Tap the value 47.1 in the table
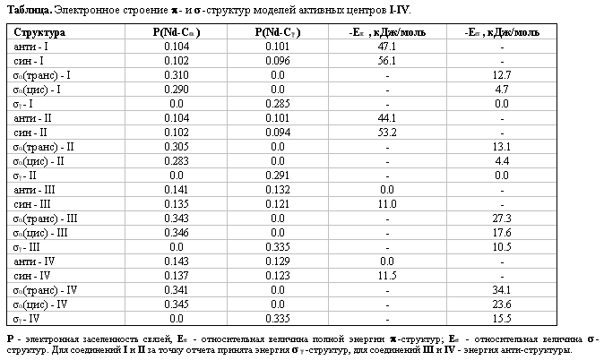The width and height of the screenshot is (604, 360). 387,46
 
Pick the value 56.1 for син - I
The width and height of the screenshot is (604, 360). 387,60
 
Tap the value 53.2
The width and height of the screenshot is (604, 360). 387,132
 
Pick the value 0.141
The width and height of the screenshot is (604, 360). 176,189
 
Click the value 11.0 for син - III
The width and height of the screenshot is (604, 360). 387,203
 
